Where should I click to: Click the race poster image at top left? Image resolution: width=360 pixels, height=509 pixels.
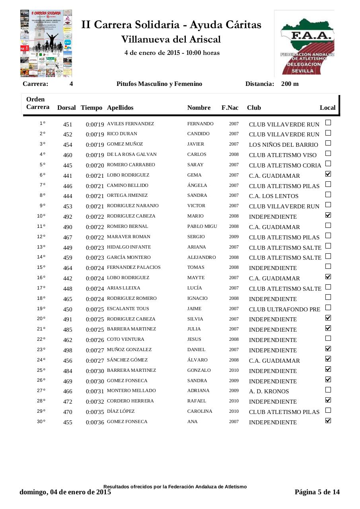pyautogui.click(x=46, y=43)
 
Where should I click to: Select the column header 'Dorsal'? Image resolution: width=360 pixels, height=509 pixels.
pyautogui.click(x=66, y=108)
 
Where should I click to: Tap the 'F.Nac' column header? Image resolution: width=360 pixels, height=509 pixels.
pyautogui.click(x=230, y=108)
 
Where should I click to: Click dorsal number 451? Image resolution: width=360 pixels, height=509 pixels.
pyautogui.click(x=68, y=124)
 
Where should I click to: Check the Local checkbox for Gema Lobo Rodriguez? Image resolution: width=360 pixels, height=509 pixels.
pyautogui.click(x=328, y=174)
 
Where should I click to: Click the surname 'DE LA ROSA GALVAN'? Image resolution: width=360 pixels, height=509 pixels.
pyautogui.click(x=132, y=154)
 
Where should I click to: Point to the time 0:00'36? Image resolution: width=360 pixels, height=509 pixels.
pyautogui.click(x=95, y=422)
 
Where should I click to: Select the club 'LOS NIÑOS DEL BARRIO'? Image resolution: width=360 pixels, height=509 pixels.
pyautogui.click(x=283, y=145)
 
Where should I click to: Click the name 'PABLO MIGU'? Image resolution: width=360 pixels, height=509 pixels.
pyautogui.click(x=202, y=226)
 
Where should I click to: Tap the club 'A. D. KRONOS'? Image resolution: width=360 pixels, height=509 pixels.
pyautogui.click(x=269, y=391)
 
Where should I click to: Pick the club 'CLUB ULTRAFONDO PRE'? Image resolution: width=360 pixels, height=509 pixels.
pyautogui.click(x=284, y=309)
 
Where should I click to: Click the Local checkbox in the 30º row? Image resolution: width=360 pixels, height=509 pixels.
pyautogui.click(x=328, y=420)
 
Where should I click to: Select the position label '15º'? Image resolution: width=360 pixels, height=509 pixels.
pyautogui.click(x=41, y=267)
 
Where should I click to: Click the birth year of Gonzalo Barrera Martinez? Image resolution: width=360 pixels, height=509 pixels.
pyautogui.click(x=234, y=370)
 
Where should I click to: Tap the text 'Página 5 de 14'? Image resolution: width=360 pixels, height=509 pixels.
pyautogui.click(x=317, y=492)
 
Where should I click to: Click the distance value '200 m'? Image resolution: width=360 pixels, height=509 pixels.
pyautogui.click(x=290, y=84)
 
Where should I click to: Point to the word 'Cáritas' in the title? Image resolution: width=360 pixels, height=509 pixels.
pyautogui.click(x=245, y=25)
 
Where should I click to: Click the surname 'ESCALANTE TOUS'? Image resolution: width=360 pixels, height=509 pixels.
pyautogui.click(x=128, y=309)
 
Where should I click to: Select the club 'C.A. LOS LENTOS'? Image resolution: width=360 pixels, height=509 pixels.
pyautogui.click(x=274, y=196)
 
